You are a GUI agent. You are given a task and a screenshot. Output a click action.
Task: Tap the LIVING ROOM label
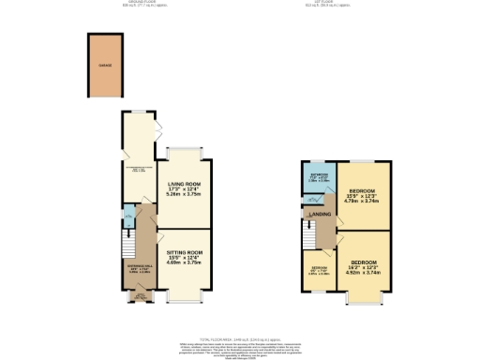point(183,185)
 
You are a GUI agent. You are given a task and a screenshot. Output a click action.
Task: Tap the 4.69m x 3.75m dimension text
point(183,264)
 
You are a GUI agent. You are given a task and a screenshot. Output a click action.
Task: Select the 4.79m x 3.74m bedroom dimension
point(360,199)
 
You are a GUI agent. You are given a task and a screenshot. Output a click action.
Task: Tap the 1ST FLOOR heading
point(349,3)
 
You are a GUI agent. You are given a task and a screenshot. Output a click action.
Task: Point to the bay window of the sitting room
point(183,298)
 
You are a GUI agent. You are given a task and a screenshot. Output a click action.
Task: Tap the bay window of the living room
point(183,149)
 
